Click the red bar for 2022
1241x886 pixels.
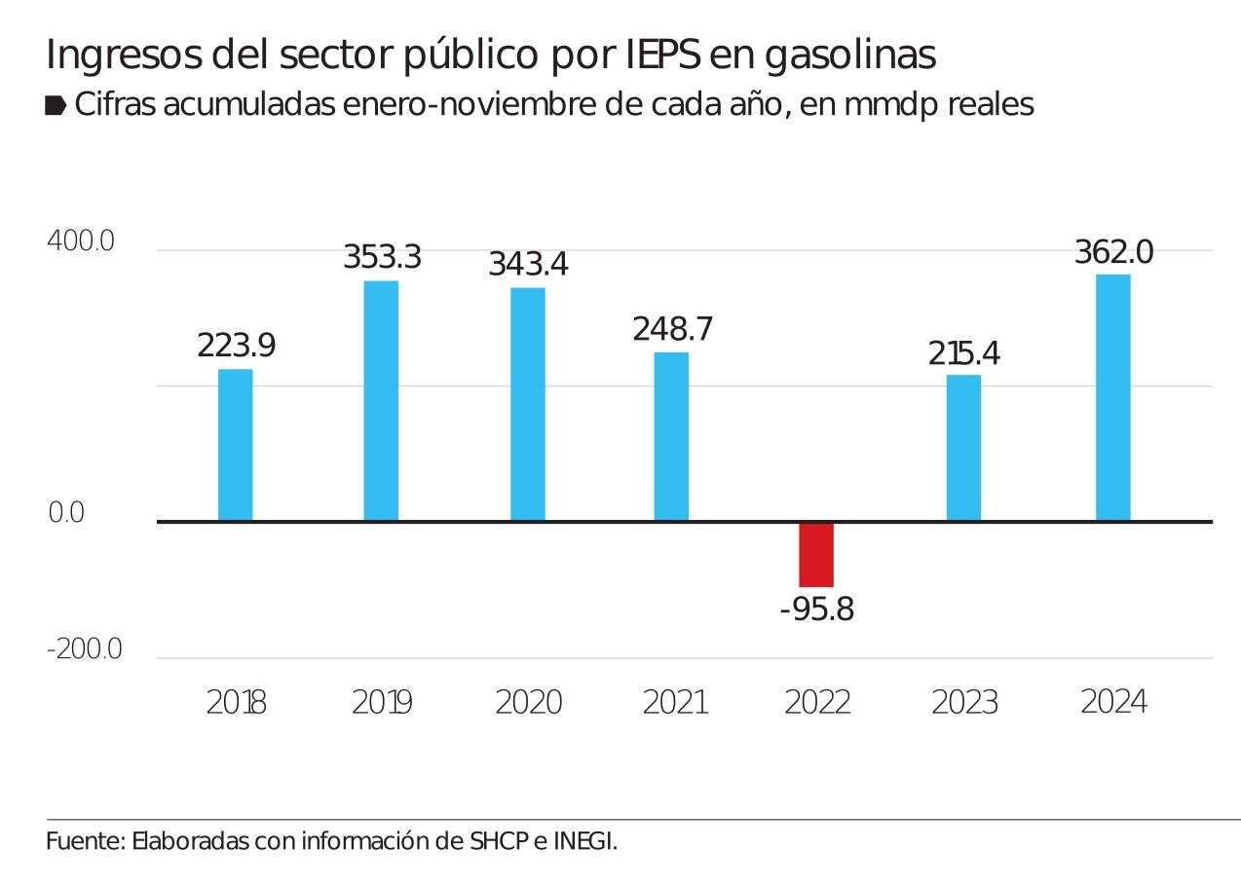(x=816, y=555)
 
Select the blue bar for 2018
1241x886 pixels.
(x=235, y=445)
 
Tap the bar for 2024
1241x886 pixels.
(x=1113, y=398)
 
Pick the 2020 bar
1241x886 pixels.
(x=528, y=404)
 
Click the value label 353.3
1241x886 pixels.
(x=382, y=257)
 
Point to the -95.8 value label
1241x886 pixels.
(x=816, y=609)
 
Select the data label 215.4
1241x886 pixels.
(x=964, y=353)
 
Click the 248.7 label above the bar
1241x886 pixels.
(x=672, y=329)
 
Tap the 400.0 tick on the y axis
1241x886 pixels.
(x=81, y=240)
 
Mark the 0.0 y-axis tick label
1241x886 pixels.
(x=66, y=513)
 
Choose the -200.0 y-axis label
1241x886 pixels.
(x=85, y=649)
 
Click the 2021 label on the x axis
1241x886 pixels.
(x=674, y=702)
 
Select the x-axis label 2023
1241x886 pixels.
(x=964, y=702)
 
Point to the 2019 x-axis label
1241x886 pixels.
(x=382, y=702)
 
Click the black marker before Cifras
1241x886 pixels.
(x=56, y=105)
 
